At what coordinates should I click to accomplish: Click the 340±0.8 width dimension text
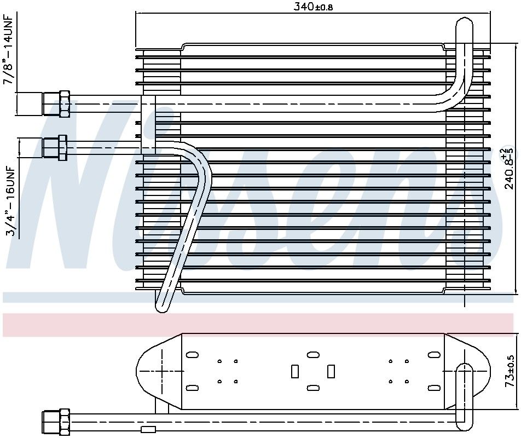pos(314,7)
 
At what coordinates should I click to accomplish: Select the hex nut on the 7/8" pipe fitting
pos(63,103)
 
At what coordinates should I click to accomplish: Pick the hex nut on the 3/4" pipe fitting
pos(62,148)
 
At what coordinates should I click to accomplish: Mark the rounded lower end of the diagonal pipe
pos(161,305)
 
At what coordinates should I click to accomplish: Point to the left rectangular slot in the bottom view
pos(294,371)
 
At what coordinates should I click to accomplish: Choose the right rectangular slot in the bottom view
pos(331,371)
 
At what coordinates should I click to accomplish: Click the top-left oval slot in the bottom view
pos(192,355)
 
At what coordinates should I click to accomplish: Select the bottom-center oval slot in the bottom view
pos(313,388)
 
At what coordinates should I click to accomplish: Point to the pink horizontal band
pos(260,325)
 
